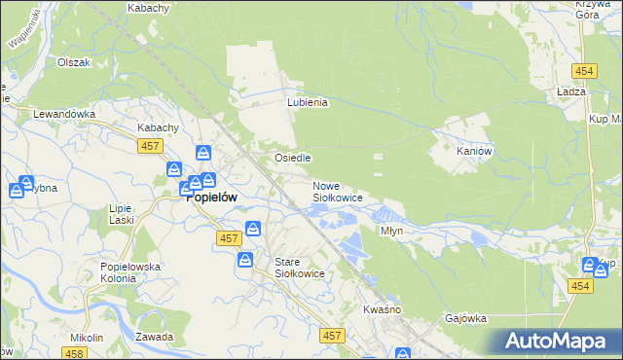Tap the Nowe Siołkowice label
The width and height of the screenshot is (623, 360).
[x=337, y=192]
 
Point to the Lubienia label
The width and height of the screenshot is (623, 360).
[x=308, y=101]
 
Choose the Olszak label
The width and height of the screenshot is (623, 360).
[x=73, y=62]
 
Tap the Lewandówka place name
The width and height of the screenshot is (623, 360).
[x=64, y=114]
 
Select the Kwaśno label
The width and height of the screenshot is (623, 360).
[x=383, y=309]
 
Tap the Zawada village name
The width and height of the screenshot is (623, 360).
[x=155, y=337]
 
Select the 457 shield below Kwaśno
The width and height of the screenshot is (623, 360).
[x=332, y=336]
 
